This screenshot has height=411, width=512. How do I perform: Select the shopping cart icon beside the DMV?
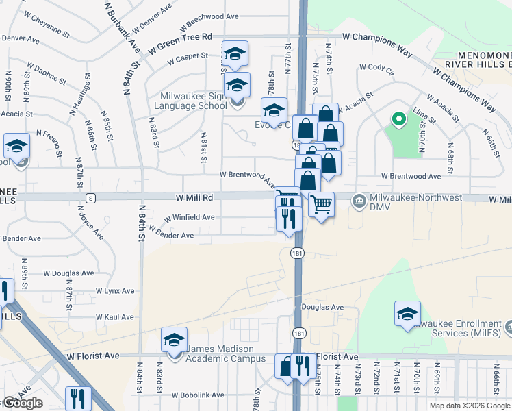coord(321,203)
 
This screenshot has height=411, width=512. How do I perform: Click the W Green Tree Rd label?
coord(183,36)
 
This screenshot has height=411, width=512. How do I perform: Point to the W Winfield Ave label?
coord(189,217)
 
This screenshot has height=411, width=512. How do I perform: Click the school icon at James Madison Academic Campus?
coord(174,340)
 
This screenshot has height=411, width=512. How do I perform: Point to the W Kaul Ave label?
coord(115,317)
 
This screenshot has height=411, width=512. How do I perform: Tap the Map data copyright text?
coord(468,406)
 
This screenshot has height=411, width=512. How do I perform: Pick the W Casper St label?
coord(184,56)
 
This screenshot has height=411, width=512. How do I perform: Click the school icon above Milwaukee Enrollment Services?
coord(407,314)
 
